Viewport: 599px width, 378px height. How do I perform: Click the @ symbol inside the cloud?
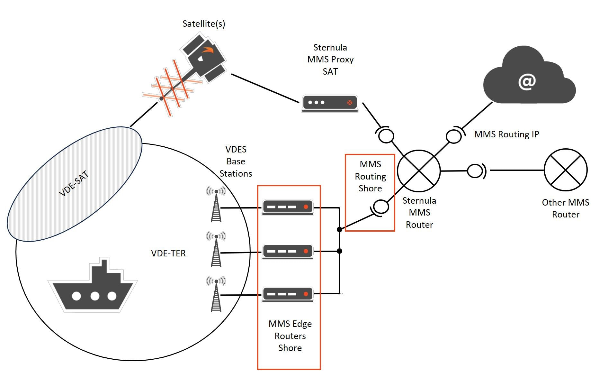point(527,82)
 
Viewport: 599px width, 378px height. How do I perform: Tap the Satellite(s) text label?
point(204,23)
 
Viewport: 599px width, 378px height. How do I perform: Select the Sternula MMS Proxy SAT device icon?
point(330,103)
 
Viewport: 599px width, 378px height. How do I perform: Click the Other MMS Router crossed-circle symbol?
point(566,170)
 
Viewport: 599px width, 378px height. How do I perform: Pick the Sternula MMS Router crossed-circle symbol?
point(419,171)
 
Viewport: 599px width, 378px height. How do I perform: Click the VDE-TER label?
point(168,253)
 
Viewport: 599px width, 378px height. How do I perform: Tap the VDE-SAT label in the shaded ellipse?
point(74,183)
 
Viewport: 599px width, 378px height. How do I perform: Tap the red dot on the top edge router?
point(306,207)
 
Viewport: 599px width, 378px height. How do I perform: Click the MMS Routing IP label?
point(506,134)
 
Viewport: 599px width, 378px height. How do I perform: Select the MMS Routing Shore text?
point(370,176)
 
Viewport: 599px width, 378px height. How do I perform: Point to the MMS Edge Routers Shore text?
point(290,336)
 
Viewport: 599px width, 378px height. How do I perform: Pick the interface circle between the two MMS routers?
point(475,171)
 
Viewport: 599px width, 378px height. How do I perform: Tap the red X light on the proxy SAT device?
point(350,103)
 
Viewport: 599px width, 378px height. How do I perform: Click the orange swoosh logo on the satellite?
point(208,50)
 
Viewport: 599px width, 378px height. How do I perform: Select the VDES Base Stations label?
point(236,161)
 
